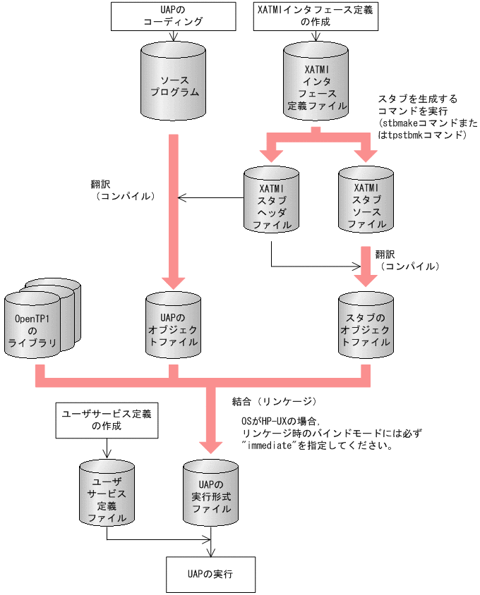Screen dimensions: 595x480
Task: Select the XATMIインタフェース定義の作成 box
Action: tap(315, 16)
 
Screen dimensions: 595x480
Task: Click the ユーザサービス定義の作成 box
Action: tap(106, 420)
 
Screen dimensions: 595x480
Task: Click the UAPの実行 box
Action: tap(211, 575)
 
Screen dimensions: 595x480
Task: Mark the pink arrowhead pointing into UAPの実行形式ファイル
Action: tap(211, 446)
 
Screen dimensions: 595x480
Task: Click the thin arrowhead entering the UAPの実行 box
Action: tap(210, 551)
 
